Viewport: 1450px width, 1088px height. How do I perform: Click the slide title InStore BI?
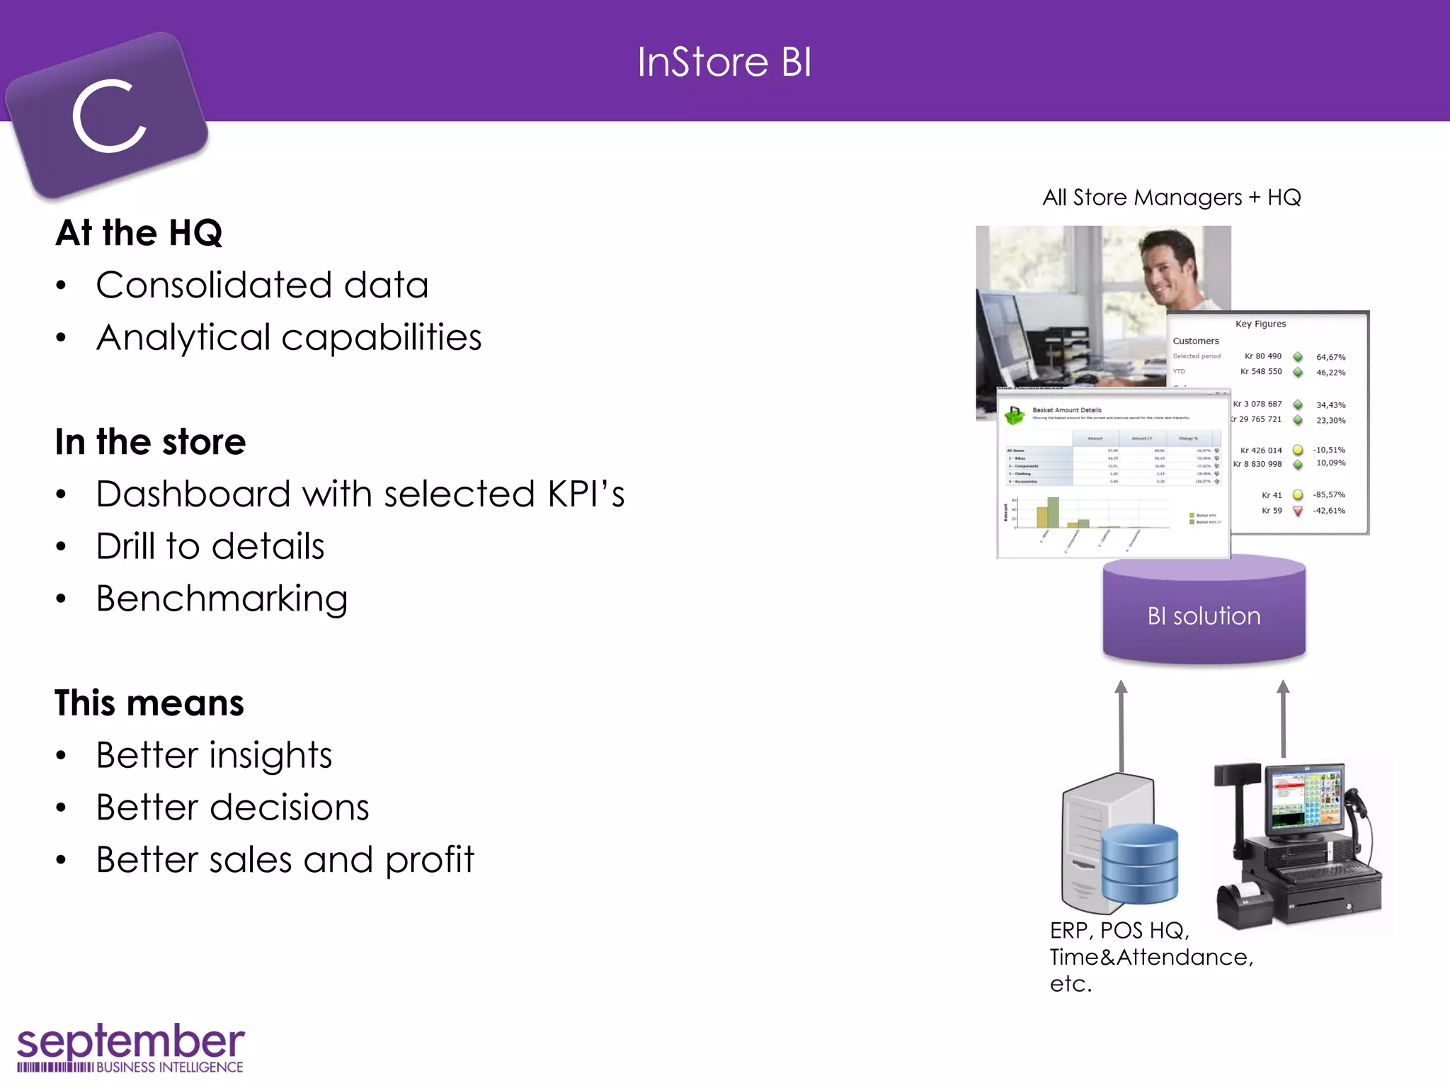point(724,62)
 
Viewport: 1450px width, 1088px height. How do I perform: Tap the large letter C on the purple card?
point(110,116)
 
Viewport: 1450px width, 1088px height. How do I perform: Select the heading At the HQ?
point(139,233)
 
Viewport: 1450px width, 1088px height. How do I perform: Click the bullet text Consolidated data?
point(262,285)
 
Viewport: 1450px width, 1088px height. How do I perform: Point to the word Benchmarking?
point(222,599)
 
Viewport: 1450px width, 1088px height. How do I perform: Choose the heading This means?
point(149,703)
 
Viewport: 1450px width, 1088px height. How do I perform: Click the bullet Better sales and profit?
point(285,860)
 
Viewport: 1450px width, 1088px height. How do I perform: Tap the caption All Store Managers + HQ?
point(1171,198)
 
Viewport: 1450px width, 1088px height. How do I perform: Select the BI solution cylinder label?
point(1204,616)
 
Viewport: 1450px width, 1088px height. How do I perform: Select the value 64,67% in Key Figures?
point(1330,357)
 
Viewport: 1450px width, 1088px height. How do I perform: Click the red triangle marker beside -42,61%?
point(1298,511)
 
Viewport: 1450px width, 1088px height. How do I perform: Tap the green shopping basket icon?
point(1015,415)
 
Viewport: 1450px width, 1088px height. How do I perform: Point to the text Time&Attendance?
point(1151,958)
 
